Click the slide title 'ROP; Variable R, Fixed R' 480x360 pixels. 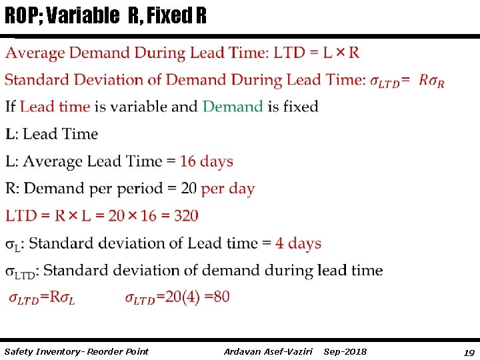point(105,15)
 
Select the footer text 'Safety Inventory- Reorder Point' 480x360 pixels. point(76,351)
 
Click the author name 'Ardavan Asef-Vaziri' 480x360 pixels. point(268,351)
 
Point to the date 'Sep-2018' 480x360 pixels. point(345,351)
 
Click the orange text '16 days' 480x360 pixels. point(207,161)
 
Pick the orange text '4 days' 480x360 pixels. point(298,243)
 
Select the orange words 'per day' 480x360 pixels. point(227,189)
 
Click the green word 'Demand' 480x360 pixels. point(233,107)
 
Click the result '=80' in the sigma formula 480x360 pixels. point(217,297)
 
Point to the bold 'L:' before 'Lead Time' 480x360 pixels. point(12,134)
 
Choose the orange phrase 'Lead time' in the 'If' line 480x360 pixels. point(55,107)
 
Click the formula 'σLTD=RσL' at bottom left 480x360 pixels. point(41,298)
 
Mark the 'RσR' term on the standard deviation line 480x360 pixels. point(432,81)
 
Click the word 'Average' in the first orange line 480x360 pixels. point(35,53)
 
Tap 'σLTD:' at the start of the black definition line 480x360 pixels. point(21,271)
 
